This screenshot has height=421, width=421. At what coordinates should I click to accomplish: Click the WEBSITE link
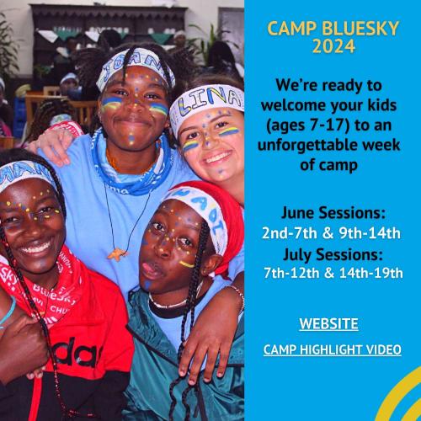pos(328,323)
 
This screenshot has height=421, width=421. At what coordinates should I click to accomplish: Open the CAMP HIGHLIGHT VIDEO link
pos(333,349)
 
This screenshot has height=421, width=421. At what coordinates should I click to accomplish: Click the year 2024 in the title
pos(333,46)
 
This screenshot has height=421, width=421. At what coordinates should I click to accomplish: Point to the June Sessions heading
pos(333,213)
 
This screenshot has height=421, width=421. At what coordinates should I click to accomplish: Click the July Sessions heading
pos(333,254)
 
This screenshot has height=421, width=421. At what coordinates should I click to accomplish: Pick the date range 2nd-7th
pos(290,233)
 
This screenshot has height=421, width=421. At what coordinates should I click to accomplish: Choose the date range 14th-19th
pos(371,273)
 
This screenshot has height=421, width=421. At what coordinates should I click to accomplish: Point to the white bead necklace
pos(168,302)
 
